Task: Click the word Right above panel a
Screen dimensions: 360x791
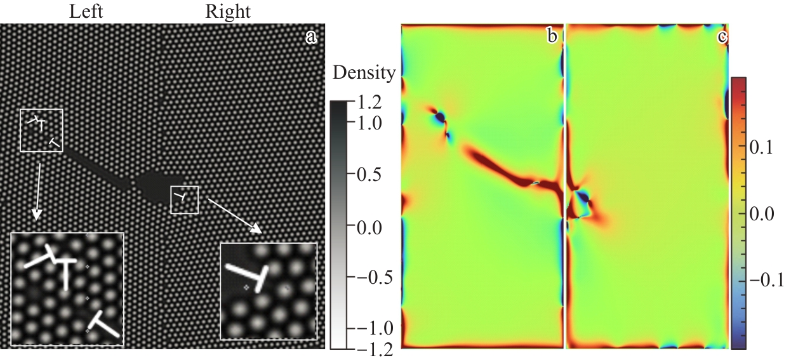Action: pos(227,11)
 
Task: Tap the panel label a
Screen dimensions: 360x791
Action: pos(311,37)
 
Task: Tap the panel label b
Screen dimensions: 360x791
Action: pos(552,37)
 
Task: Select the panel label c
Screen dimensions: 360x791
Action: pos(722,37)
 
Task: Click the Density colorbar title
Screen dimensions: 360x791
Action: pos(364,73)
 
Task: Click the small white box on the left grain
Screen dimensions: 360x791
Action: pos(41,130)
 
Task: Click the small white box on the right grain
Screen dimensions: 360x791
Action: pos(185,199)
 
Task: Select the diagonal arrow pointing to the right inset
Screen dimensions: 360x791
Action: pos(236,216)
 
